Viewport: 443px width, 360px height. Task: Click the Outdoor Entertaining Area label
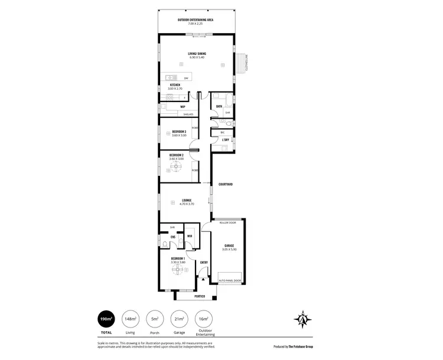tap(196, 20)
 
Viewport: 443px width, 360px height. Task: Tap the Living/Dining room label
tap(197, 54)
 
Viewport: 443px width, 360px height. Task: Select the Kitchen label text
tap(175, 85)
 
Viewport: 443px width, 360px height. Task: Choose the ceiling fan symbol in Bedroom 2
tap(175, 166)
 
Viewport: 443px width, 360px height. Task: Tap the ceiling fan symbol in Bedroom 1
tap(177, 270)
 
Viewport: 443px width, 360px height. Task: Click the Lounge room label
tap(186, 200)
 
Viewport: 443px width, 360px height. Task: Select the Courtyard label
tap(225, 184)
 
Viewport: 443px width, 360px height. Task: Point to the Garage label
tap(230, 246)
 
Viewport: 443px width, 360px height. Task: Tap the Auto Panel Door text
tap(229, 280)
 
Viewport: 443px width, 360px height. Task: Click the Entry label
tap(204, 262)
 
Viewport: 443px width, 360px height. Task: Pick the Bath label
tap(219, 106)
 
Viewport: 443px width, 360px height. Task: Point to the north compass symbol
tap(302, 319)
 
